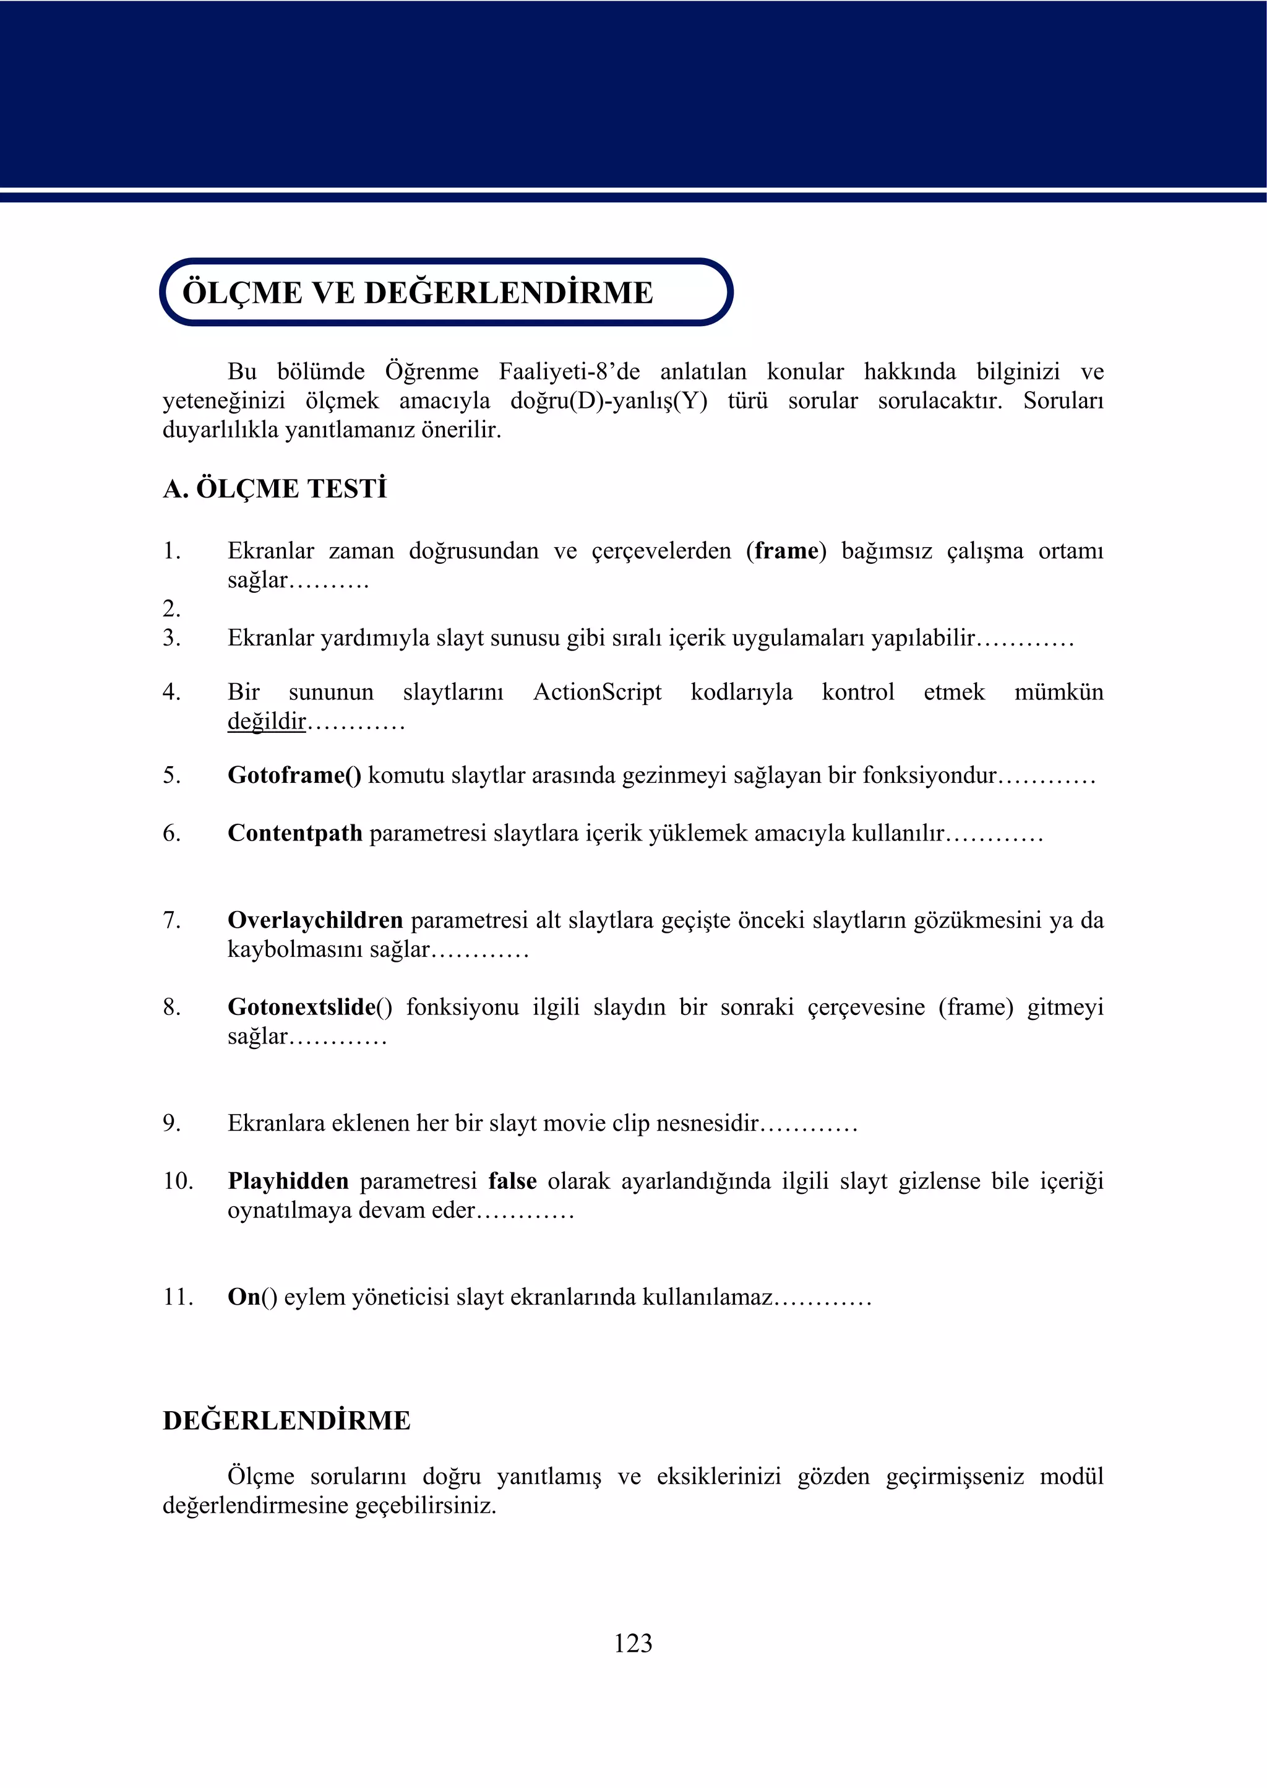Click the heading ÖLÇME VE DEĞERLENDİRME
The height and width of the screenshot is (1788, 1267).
(418, 293)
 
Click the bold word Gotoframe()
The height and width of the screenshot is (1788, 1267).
(294, 775)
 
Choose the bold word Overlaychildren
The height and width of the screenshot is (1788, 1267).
(315, 920)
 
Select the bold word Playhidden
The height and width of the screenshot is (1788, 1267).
(288, 1181)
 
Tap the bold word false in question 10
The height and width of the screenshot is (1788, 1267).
(513, 1181)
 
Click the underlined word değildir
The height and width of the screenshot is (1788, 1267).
(266, 721)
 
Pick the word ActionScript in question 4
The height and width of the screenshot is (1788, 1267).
(597, 693)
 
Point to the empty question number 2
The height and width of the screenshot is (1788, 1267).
(171, 609)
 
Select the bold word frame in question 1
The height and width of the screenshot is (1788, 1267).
(786, 551)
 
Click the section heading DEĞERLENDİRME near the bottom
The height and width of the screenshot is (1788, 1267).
(286, 1420)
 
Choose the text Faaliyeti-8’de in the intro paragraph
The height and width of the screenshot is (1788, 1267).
(569, 371)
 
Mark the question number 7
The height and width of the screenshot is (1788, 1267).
(171, 920)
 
